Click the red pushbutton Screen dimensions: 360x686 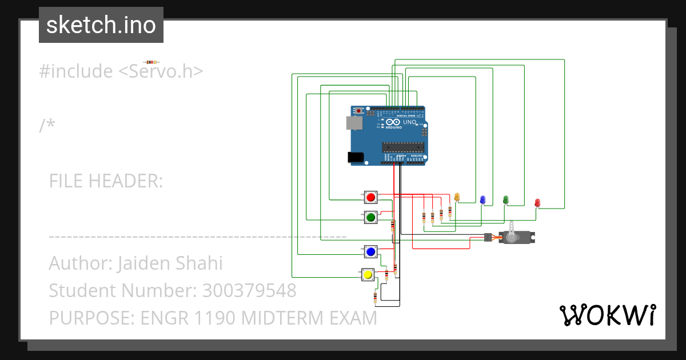point(370,198)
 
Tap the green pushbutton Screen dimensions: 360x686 point(370,217)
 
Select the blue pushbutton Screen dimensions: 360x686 point(370,251)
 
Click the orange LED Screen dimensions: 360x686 point(457,197)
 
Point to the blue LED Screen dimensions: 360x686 point(482,199)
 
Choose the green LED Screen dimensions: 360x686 point(505,199)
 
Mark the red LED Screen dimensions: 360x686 point(537,202)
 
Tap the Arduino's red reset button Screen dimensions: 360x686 point(359,110)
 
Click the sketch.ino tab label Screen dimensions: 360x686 point(101,25)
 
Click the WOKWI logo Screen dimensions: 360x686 point(607,315)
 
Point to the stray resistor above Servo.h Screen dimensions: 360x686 point(151,62)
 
